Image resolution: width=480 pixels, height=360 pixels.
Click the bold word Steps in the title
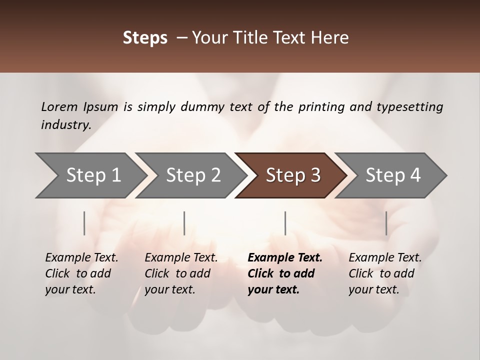[x=145, y=38]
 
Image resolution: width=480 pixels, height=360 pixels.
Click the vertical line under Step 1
[x=84, y=223]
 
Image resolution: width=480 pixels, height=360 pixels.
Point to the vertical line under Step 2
[x=184, y=223]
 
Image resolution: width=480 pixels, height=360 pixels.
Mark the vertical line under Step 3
[x=285, y=223]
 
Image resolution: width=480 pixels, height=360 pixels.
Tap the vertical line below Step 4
[x=386, y=223]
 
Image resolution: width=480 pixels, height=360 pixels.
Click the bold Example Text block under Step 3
[x=285, y=273]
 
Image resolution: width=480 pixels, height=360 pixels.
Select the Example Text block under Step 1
[x=81, y=273]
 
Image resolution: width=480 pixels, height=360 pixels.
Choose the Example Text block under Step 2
[x=181, y=273]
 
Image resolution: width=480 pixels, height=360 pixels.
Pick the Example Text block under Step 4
[x=385, y=273]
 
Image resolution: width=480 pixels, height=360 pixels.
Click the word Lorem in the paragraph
[x=59, y=106]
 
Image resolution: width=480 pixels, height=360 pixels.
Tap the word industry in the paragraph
[x=66, y=125]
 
